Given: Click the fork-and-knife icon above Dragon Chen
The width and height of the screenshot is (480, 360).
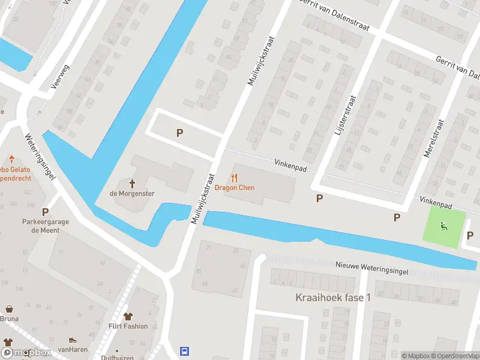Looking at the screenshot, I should click(x=235, y=178).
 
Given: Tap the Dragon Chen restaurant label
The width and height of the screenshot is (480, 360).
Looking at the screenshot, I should click(x=235, y=188).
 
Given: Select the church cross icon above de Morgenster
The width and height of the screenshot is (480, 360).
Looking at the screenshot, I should click(x=132, y=183).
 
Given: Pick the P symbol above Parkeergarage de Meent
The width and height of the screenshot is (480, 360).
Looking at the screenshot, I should click(x=45, y=212).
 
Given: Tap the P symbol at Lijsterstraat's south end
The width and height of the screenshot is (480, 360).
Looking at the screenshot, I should click(x=320, y=198).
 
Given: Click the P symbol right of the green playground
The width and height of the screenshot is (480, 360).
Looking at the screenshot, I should click(x=470, y=235).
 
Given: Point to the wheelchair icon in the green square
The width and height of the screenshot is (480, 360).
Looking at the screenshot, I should click(x=444, y=226).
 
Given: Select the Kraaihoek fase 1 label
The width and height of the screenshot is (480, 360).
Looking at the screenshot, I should click(x=333, y=298).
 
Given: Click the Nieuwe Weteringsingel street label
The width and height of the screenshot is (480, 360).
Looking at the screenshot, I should click(x=372, y=268).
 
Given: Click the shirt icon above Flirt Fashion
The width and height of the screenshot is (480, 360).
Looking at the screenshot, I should click(x=128, y=317).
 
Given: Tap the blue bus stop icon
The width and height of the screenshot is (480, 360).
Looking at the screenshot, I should click(x=185, y=352).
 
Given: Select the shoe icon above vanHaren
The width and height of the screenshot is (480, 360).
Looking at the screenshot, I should click(x=73, y=340).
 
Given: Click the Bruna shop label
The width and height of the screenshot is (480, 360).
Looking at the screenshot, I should click(x=9, y=319).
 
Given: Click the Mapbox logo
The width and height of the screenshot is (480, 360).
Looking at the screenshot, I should click(x=26, y=353).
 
